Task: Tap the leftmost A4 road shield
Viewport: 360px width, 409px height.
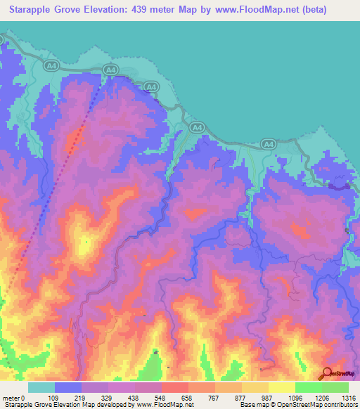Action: click(50, 65)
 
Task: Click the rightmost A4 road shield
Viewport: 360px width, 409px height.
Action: click(268, 143)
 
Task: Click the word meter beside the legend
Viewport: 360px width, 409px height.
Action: click(11, 397)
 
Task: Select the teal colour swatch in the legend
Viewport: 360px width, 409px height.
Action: click(41, 387)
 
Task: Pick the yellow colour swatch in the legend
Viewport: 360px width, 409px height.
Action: click(281, 387)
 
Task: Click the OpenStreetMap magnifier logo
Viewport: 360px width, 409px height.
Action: click(326, 373)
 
